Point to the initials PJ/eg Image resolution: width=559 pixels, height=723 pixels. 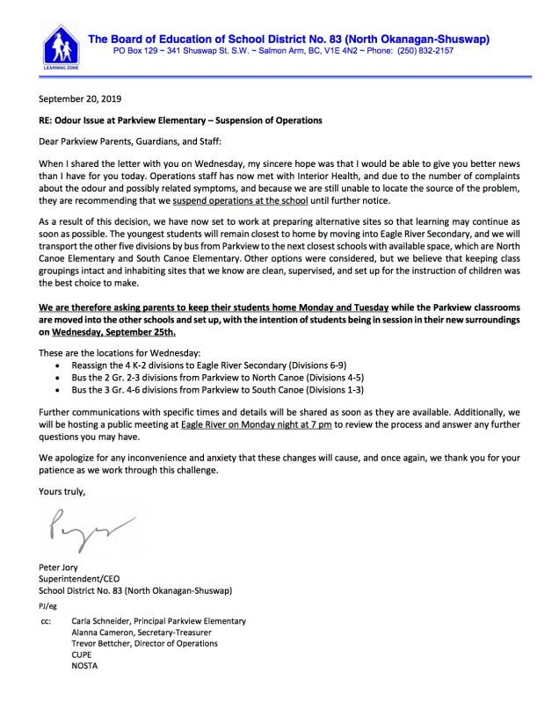(x=48, y=606)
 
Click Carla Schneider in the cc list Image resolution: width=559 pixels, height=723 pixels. (x=158, y=620)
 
